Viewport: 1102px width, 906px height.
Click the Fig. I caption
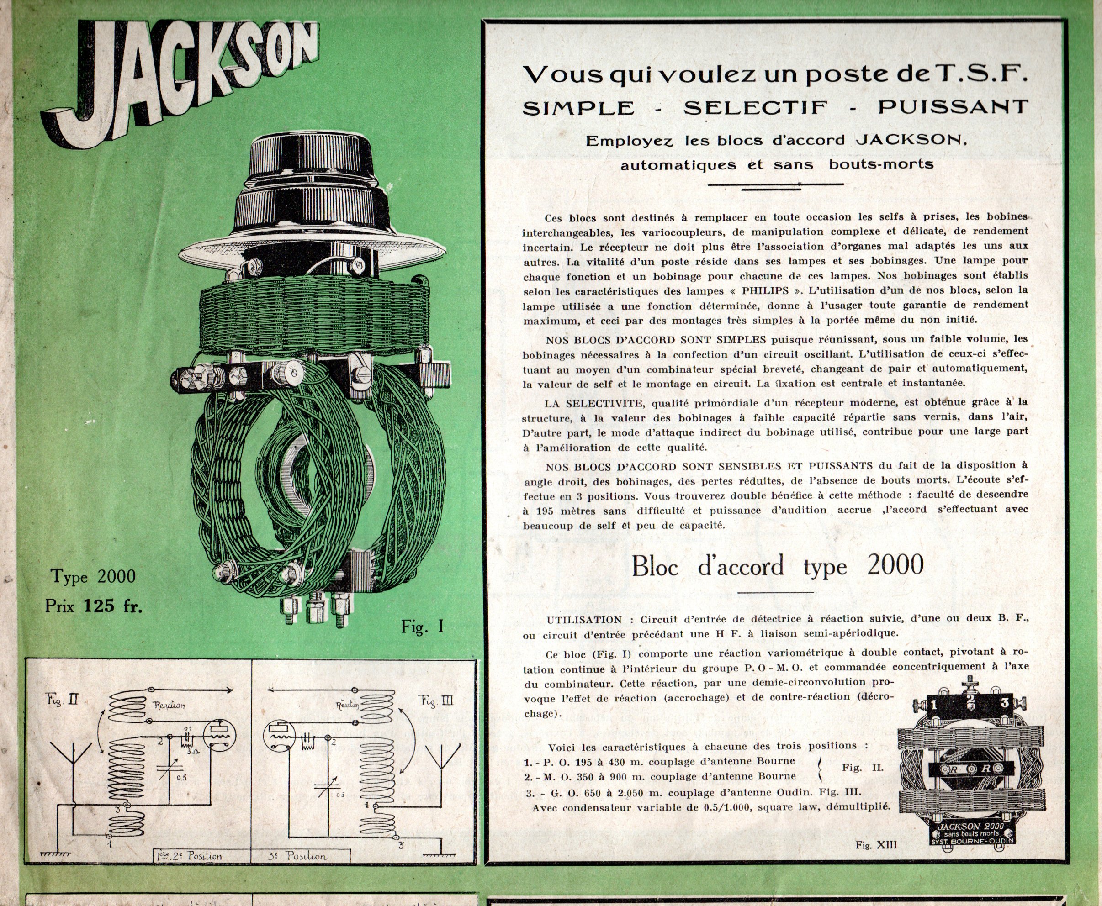click(x=422, y=626)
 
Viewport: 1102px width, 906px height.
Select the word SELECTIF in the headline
click(x=756, y=107)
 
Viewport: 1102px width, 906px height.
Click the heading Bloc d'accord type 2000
click(x=778, y=566)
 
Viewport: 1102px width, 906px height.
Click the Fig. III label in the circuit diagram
click(x=437, y=700)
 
